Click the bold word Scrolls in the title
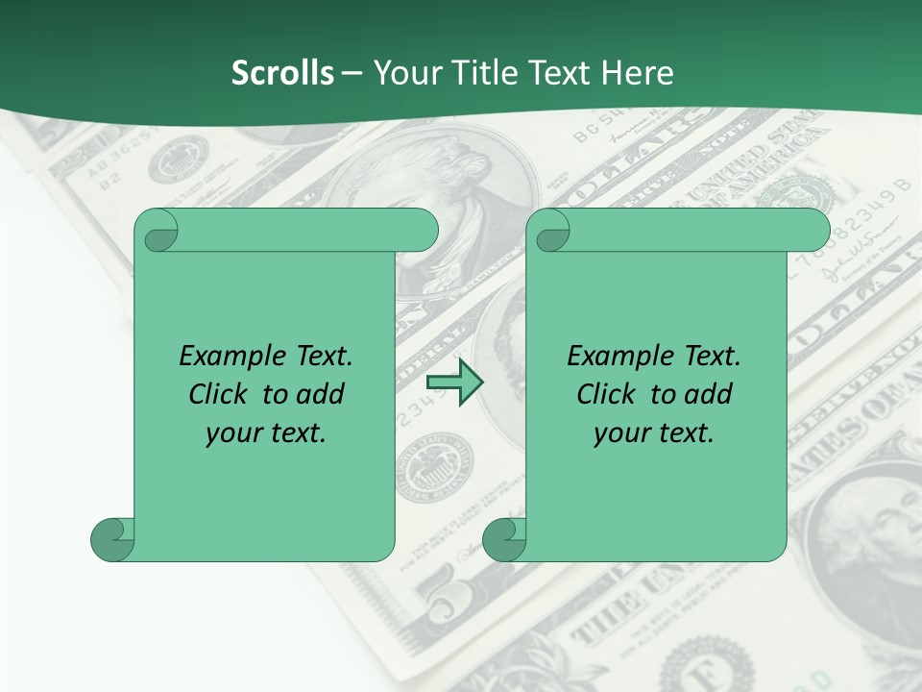[x=282, y=73]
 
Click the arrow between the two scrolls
[x=454, y=383]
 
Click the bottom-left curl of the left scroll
[x=111, y=539]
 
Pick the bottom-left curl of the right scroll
[x=503, y=539]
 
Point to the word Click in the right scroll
[x=606, y=394]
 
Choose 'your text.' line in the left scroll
[x=266, y=433]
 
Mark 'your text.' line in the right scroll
[x=654, y=433]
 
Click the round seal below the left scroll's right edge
[x=434, y=466]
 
